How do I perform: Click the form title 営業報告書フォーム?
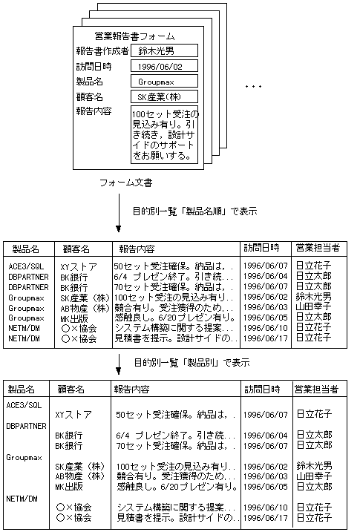tap(135, 36)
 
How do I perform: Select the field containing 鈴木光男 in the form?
tap(165, 50)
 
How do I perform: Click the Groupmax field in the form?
tap(165, 81)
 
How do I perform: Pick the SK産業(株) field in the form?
tap(165, 96)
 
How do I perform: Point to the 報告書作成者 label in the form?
tap(102, 50)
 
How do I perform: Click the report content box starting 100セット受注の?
tap(164, 135)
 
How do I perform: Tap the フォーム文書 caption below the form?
tap(126, 182)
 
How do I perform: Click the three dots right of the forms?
tap(253, 88)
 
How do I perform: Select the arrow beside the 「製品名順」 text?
tap(118, 220)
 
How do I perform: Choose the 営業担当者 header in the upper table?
tap(317, 248)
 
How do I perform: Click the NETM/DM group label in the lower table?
tap(22, 499)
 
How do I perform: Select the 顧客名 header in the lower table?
tap(71, 389)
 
